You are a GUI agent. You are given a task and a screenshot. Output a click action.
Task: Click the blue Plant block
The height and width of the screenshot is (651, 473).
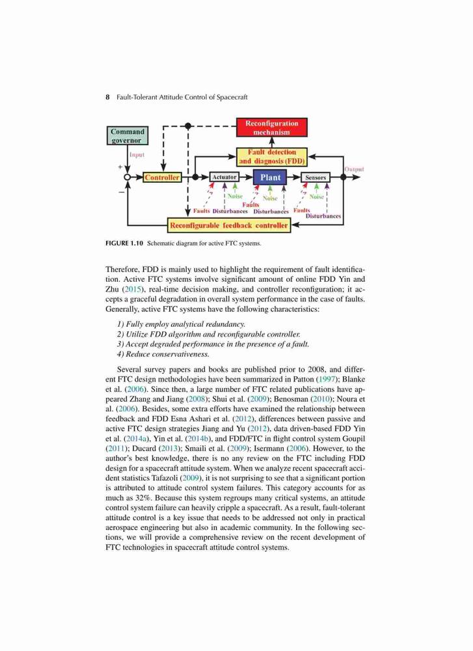270,177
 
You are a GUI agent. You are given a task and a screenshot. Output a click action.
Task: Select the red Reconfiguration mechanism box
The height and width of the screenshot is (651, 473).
272,128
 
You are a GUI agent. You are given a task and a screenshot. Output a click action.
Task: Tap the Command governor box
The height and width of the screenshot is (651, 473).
128,136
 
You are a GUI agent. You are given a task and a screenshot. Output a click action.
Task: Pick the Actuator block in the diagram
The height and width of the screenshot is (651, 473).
224,177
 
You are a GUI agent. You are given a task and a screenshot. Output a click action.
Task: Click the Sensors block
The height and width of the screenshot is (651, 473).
316,177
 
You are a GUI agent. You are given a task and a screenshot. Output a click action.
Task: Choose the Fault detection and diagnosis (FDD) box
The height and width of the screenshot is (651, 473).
272,156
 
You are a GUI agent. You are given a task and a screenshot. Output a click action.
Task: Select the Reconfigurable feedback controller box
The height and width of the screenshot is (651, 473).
229,225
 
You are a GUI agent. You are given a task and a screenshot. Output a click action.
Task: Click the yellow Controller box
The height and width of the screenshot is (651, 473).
162,177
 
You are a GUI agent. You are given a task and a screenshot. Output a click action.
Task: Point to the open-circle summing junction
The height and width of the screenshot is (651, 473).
128,177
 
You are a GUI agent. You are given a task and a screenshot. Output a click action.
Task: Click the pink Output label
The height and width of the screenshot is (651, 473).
354,169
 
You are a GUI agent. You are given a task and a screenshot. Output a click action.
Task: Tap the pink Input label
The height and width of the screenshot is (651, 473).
137,154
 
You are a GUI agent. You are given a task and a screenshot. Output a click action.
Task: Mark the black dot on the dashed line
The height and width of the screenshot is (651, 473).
188,126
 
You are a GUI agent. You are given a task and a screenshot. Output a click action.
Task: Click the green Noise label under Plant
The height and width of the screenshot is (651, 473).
270,199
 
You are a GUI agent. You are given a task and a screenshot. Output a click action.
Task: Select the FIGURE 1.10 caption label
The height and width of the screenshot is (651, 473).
124,243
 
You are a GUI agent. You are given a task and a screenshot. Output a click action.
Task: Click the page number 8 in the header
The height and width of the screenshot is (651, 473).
108,97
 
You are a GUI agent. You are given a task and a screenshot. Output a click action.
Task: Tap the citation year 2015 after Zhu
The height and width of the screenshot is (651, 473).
132,289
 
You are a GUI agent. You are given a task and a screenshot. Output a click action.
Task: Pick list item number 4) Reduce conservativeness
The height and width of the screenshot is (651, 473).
163,354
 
